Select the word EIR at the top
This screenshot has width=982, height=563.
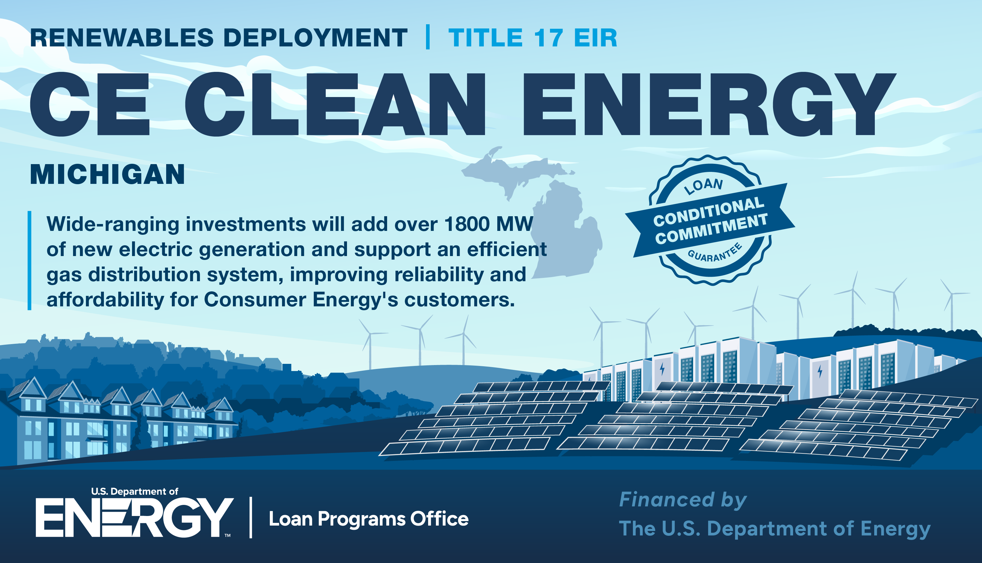pos(595,38)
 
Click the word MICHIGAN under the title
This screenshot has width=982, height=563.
pos(107,174)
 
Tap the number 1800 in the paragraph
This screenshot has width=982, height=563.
pos(468,224)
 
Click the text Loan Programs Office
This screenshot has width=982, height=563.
pos(369,519)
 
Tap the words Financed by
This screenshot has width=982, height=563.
pos(683,500)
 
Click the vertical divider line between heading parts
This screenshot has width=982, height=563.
pos(428,37)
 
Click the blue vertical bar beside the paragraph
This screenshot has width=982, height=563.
pos(29,260)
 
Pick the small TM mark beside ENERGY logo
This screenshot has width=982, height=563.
pos(228,535)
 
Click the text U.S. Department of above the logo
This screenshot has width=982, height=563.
pos(134,491)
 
